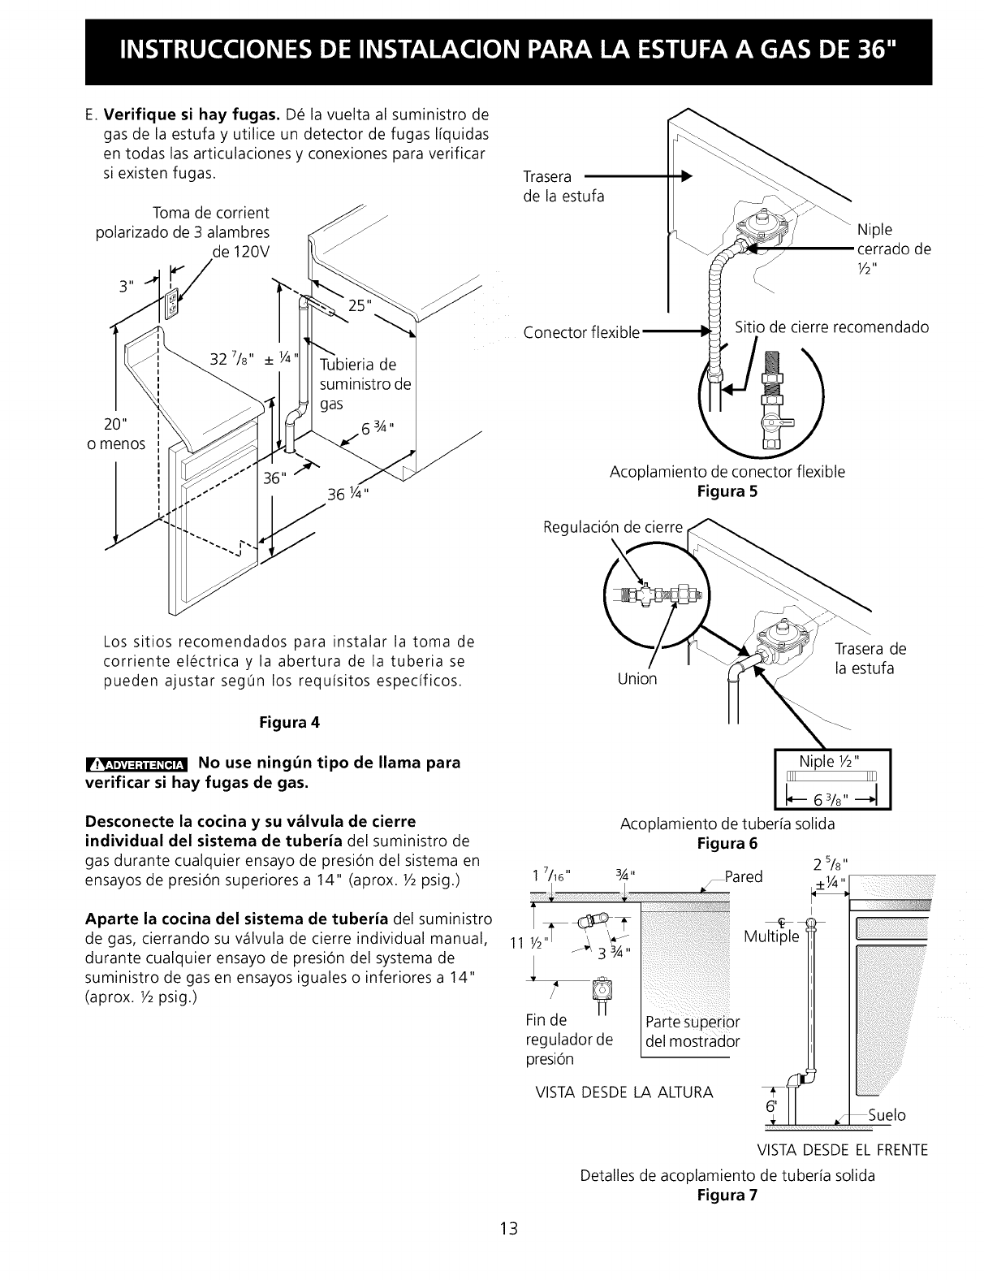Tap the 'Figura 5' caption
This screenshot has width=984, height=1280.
pos(727,491)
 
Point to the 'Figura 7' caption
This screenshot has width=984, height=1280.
pos(727,1195)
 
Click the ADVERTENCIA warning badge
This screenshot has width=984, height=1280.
pos(137,763)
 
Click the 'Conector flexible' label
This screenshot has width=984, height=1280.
pos(581,332)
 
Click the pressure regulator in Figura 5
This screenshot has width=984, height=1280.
pos(760,229)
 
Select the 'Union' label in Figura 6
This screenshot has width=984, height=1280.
pos(637,678)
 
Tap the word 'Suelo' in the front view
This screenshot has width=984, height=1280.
pos(887,1114)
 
